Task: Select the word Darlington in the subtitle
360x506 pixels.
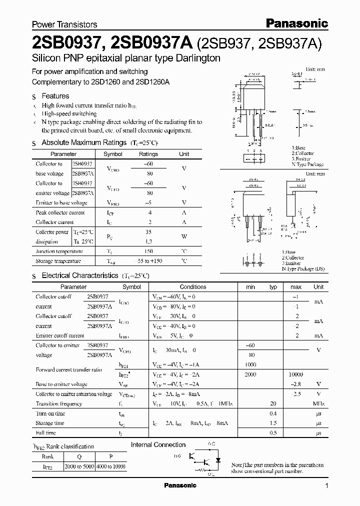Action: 196,58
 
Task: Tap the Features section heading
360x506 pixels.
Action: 55,96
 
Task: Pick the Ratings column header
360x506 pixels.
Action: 148,154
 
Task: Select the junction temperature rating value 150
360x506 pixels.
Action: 148,251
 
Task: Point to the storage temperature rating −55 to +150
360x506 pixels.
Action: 149,261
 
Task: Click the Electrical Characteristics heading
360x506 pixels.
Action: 80,275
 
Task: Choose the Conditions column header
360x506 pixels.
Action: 193,287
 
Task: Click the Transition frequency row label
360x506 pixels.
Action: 58,403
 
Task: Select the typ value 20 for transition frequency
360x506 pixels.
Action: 273,403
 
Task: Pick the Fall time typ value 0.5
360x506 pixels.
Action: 273,432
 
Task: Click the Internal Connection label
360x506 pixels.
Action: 158,444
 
